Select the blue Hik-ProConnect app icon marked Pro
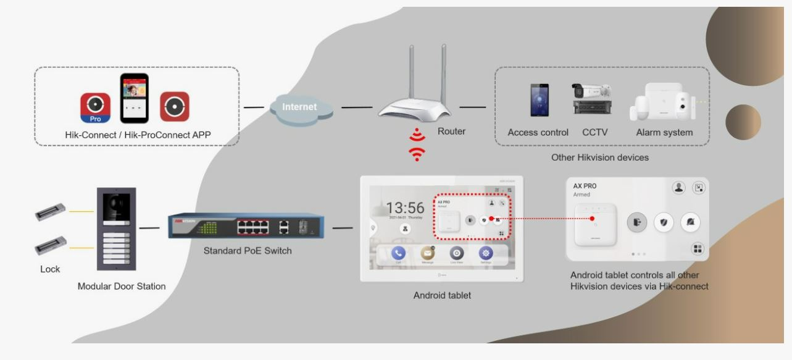96,107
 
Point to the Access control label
538,132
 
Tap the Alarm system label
664,132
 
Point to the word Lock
50,269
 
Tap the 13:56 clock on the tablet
405,209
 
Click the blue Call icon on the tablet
398,253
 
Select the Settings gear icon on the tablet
486,253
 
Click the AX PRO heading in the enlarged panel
585,186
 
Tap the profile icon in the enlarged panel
679,188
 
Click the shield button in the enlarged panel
664,222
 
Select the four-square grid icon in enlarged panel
697,249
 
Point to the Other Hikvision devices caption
599,157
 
